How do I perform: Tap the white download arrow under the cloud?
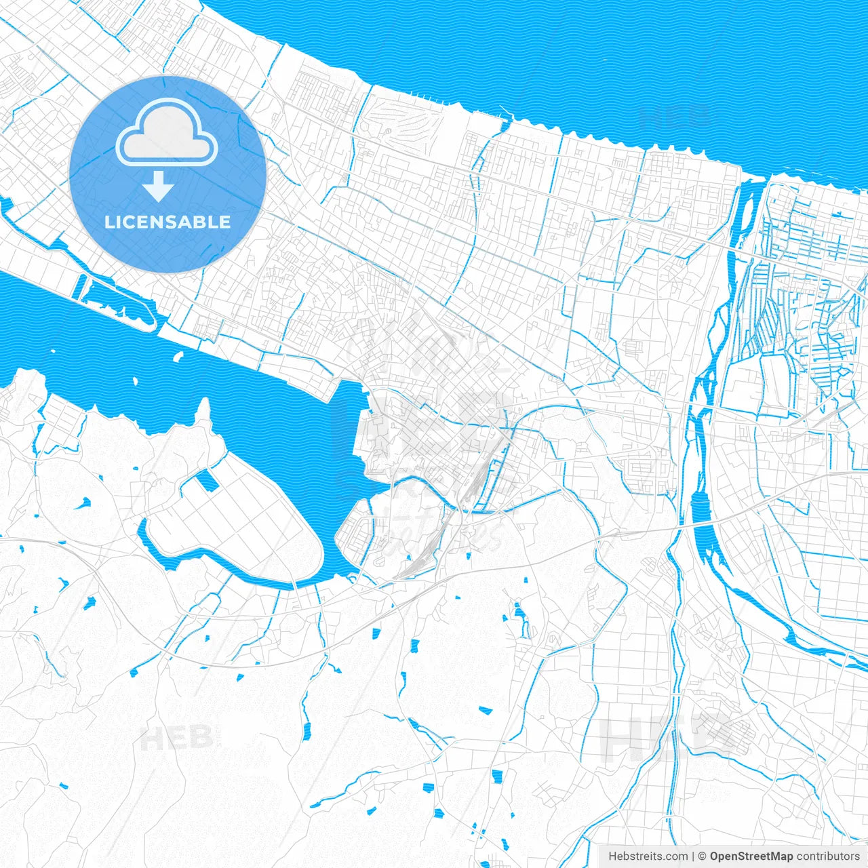pyautogui.click(x=159, y=186)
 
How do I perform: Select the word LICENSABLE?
pyautogui.click(x=167, y=222)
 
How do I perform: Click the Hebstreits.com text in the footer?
pyautogui.click(x=648, y=856)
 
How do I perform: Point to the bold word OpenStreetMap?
pyautogui.click(x=751, y=856)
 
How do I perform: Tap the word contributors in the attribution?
pyautogui.click(x=827, y=856)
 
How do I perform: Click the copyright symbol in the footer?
pyautogui.click(x=703, y=856)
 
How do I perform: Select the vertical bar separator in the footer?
pyautogui.click(x=693, y=856)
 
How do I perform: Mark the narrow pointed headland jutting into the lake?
pyautogui.click(x=203, y=410)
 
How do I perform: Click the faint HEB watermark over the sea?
pyautogui.click(x=675, y=117)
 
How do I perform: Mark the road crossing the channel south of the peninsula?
pyautogui.click(x=296, y=584)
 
